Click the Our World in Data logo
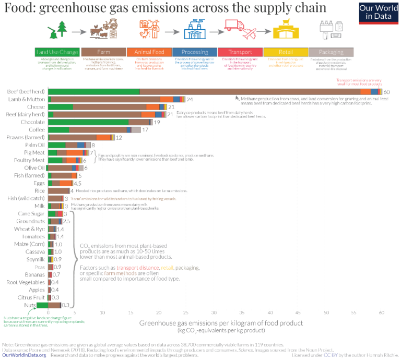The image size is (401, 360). click(379, 13)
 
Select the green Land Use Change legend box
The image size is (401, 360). click(57, 52)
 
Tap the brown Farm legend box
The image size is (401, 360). click(103, 52)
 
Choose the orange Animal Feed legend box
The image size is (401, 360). click(149, 52)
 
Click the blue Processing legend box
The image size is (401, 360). click(194, 52)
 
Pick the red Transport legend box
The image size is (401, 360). click(240, 52)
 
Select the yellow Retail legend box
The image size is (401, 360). click(285, 52)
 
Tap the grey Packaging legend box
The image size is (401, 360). click(331, 52)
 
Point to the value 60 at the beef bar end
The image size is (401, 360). click(387, 92)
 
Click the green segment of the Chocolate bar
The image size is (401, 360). click(88, 122)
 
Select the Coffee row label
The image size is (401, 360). click(36, 129)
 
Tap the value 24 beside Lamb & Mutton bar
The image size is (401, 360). click(190, 99)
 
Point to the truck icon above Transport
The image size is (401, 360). click(233, 26)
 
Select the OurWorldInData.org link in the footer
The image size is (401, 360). click(24, 355)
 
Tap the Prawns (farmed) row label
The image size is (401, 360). click(27, 137)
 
